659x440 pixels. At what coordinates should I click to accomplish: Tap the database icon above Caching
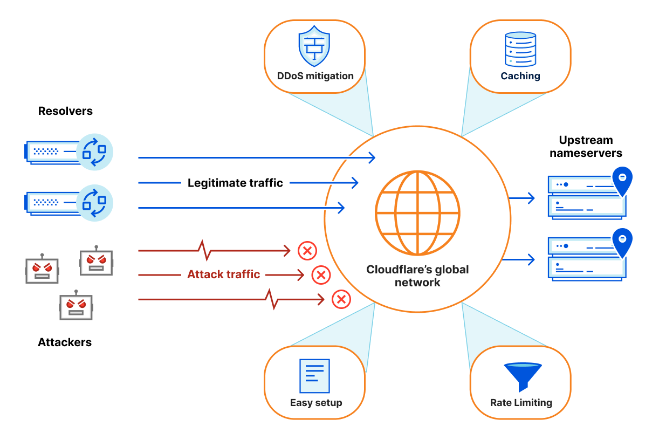[x=520, y=49]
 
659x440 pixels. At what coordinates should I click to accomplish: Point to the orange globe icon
[x=418, y=213]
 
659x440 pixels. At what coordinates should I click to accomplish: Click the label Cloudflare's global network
[x=418, y=276]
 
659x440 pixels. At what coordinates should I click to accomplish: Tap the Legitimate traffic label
[x=235, y=183]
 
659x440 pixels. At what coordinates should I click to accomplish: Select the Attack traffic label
[x=224, y=274]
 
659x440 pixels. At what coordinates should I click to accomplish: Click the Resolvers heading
[x=65, y=111]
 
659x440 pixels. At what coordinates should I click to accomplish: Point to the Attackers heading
[x=65, y=342]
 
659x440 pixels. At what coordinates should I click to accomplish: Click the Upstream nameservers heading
[x=586, y=147]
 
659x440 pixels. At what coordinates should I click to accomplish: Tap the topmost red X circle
[x=307, y=251]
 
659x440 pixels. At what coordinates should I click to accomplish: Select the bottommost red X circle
[x=341, y=299]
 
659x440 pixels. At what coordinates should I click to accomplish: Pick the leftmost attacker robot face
[x=42, y=270]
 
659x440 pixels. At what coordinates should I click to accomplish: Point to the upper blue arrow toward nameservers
[x=521, y=198]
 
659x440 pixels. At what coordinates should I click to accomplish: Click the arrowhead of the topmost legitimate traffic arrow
[x=372, y=157]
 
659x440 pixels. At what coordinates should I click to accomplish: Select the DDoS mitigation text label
[x=315, y=76]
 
